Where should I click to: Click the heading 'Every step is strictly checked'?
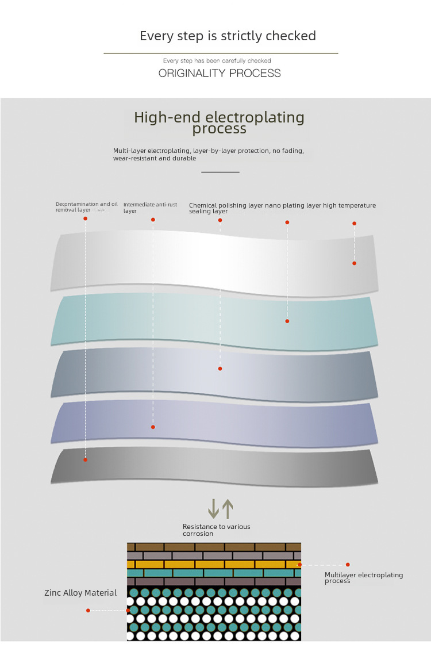coord(228,36)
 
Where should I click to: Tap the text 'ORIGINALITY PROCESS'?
coord(220,73)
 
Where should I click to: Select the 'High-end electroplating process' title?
coord(219,122)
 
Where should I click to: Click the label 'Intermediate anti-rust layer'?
coord(142,208)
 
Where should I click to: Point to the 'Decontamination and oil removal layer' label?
coord(86,207)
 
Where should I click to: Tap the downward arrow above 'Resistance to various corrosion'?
coord(213,508)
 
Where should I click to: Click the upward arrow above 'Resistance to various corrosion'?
coord(228,508)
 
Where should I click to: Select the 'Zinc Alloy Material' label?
coord(80,593)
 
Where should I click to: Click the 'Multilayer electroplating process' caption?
coord(363,578)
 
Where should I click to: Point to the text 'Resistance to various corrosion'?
coord(216,530)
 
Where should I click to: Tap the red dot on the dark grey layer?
coord(85,459)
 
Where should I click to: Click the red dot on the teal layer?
coord(287,321)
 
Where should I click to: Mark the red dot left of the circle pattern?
coord(88,610)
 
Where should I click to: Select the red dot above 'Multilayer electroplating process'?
coord(348,565)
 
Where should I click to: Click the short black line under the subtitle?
coord(220,171)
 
